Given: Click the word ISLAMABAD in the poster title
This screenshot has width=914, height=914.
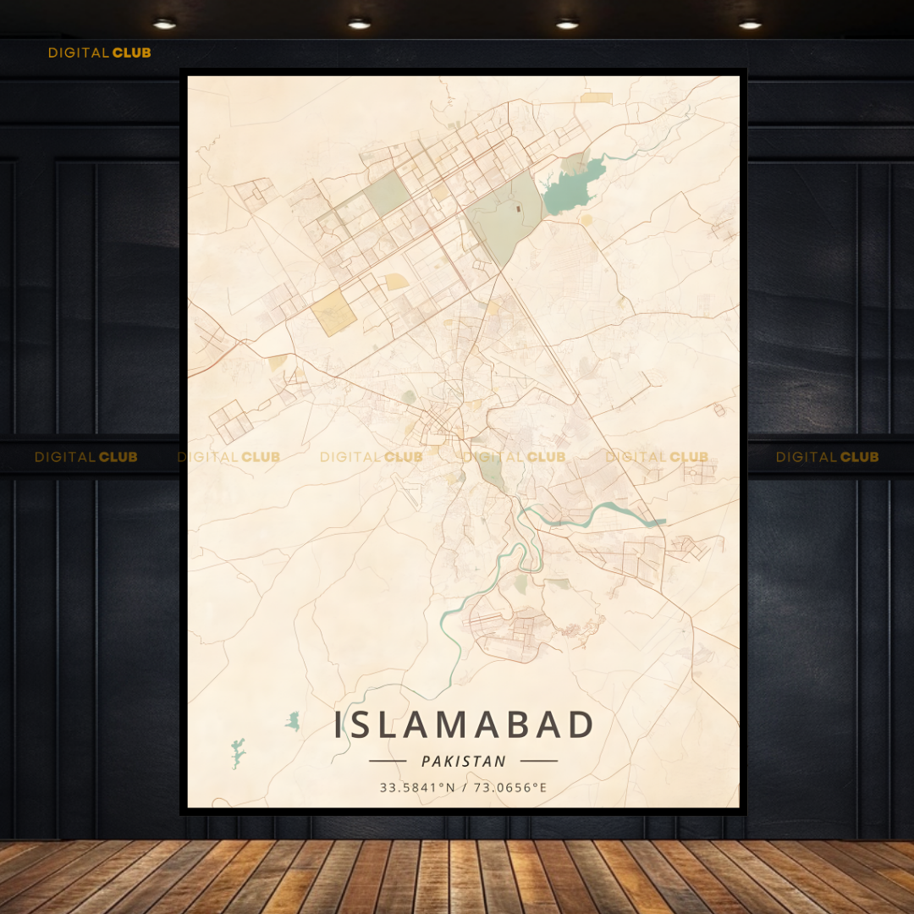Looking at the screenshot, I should tap(464, 726).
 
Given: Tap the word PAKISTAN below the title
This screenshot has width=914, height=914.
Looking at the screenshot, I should tap(464, 762).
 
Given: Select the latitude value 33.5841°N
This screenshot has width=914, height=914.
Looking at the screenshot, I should tap(417, 788).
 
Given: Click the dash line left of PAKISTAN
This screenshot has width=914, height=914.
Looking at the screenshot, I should tap(388, 761).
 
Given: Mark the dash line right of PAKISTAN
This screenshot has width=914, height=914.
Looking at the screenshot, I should tap(539, 761).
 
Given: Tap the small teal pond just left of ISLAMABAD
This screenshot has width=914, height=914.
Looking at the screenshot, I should tap(294, 721).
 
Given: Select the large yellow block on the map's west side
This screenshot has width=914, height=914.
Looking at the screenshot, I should tap(333, 312).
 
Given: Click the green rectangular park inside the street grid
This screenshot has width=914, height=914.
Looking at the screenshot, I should tap(388, 194).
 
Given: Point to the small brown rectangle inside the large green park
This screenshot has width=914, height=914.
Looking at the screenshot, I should tap(519, 206).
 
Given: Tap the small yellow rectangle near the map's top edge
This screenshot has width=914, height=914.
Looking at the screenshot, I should tap(596, 98).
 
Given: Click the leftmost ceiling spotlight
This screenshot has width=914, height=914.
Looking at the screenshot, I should tap(164, 24).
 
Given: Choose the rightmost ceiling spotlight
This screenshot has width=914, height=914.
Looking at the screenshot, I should tap(750, 24).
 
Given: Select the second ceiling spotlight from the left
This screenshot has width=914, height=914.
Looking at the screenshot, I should tap(359, 24).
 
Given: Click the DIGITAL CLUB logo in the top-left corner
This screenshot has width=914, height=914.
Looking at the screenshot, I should tap(99, 52).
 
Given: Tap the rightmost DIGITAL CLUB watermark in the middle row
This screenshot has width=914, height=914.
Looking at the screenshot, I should tap(827, 457).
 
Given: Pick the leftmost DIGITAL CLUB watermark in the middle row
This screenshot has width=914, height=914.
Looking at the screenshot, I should tap(85, 457).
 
